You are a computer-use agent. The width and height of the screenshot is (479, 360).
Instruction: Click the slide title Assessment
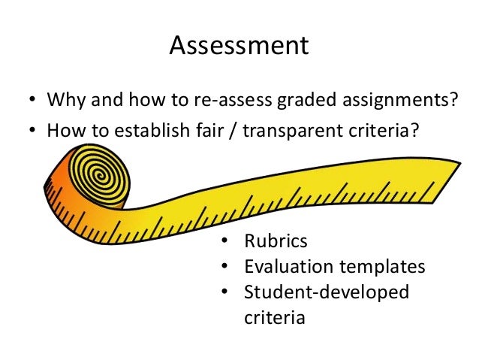point(239,46)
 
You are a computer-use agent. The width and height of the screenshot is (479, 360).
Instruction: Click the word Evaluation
point(285,266)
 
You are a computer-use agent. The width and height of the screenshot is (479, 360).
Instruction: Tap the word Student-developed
point(326,292)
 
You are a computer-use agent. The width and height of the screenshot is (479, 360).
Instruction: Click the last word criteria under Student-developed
point(274,316)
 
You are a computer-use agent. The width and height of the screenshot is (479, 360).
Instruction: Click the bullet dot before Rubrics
point(224,242)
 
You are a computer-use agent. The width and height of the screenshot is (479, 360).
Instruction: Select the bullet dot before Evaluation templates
point(224,267)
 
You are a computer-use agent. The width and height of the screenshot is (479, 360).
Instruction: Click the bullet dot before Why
point(32,101)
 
